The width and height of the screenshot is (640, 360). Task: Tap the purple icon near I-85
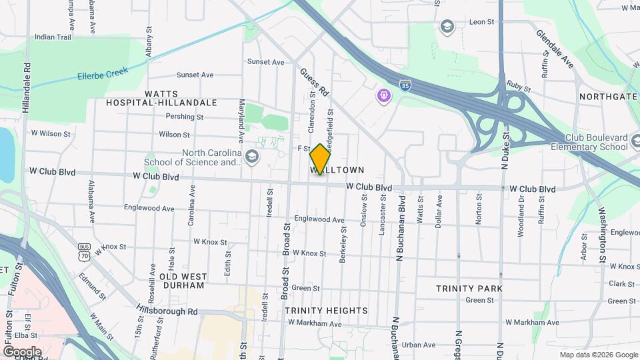pyautogui.click(x=383, y=96)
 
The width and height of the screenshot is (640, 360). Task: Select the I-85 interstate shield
pyautogui.click(x=405, y=85)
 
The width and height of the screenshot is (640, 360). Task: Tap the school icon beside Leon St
pyautogui.click(x=447, y=25)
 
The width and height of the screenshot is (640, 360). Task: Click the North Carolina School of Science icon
pyautogui.click(x=251, y=157)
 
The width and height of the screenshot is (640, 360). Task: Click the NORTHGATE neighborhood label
pyautogui.click(x=608, y=97)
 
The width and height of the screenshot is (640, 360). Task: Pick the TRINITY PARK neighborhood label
pyautogui.click(x=469, y=289)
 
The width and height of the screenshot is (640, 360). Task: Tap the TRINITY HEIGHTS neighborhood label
pyautogui.click(x=326, y=311)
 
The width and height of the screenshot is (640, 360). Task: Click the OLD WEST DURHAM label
pyautogui.click(x=182, y=281)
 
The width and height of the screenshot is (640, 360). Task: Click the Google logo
pyautogui.click(x=22, y=351)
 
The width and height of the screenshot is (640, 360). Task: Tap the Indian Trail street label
pyautogui.click(x=53, y=37)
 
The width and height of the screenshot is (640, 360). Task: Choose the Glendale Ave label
pyautogui.click(x=555, y=48)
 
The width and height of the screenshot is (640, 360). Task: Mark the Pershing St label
pyautogui.click(x=185, y=117)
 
